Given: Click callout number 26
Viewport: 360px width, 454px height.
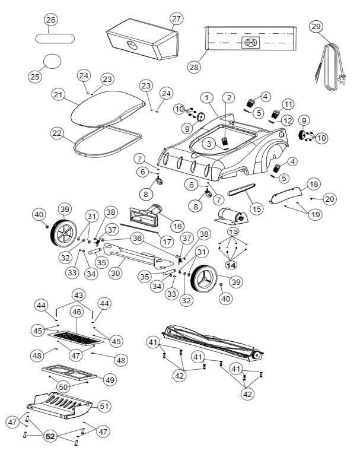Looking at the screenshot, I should tap(50, 20).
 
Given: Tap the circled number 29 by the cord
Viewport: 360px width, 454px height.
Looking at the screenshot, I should tap(316, 26).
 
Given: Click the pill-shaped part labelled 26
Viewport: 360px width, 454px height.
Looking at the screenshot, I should tap(55, 38).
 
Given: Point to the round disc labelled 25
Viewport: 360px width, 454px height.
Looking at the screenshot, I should tap(52, 61).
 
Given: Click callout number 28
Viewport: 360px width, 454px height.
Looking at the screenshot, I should tap(194, 67).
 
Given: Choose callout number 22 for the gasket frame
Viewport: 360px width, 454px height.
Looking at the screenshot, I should tap(56, 134).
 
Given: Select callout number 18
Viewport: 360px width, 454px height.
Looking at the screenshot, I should tap(314, 184).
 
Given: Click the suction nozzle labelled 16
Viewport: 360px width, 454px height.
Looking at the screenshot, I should tap(153, 213).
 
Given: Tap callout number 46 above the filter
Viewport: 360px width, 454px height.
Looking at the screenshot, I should tap(77, 311).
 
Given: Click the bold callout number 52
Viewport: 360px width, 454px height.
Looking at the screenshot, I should tap(50, 436).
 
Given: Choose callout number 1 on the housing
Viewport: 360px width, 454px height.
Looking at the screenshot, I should tap(206, 97).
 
